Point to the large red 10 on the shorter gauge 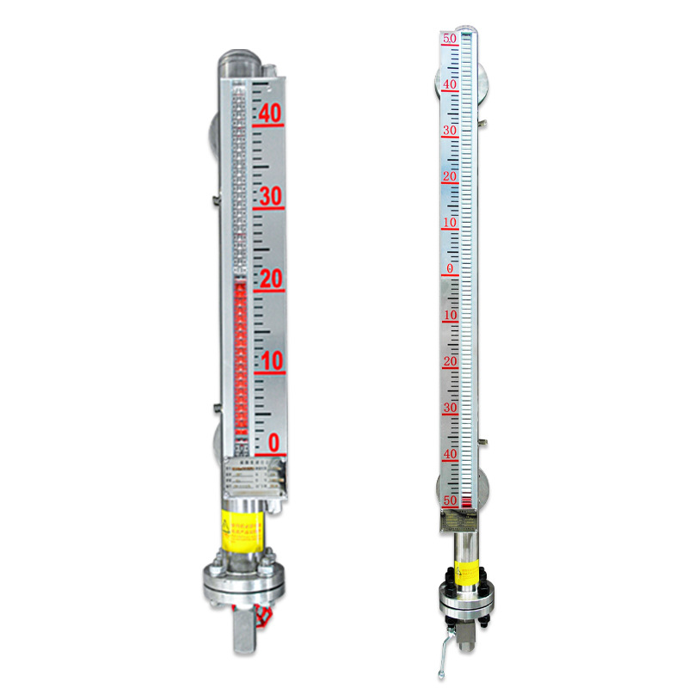[271, 361]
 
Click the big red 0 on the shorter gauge [273, 444]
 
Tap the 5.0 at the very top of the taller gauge [449, 39]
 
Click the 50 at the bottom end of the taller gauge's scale [450, 500]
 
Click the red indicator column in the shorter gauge [240, 361]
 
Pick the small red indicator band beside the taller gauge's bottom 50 [467, 501]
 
